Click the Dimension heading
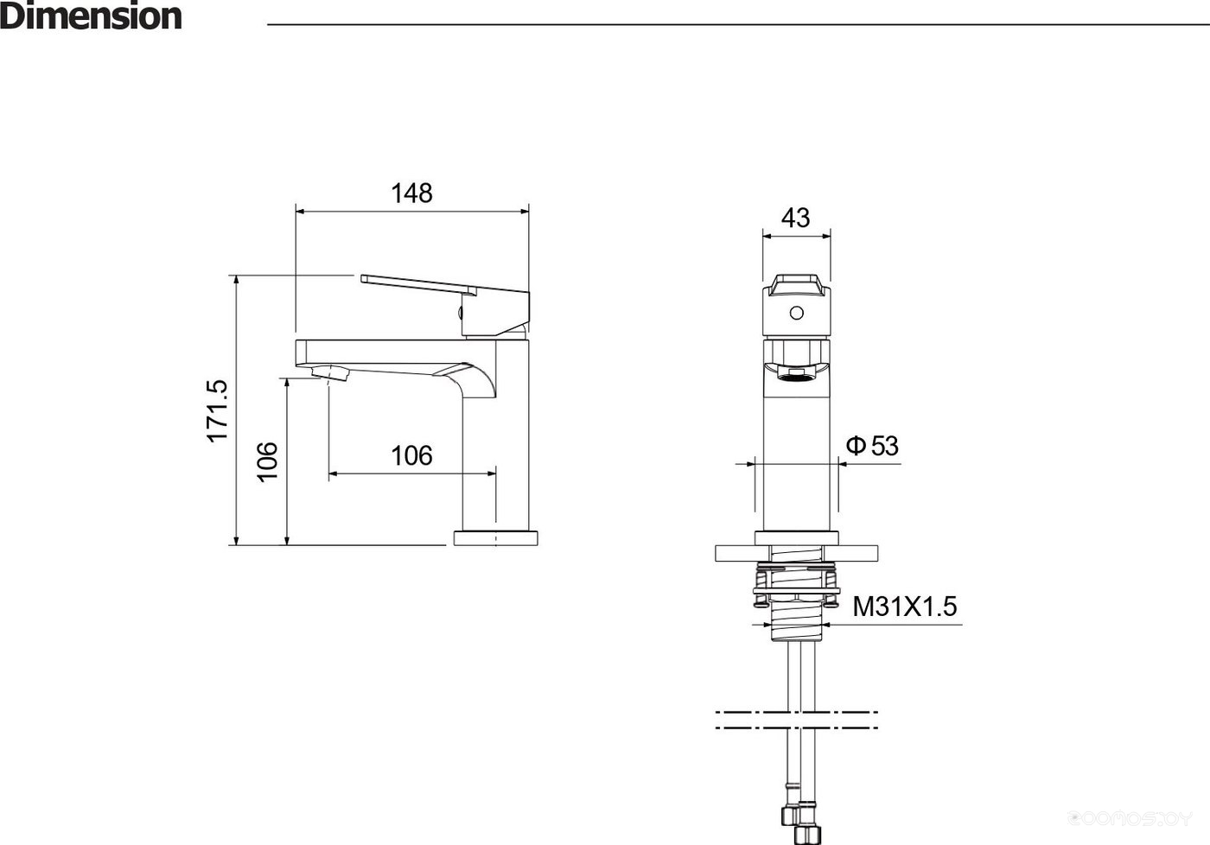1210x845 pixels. click(x=91, y=16)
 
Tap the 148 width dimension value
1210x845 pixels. click(x=411, y=194)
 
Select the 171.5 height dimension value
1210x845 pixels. click(x=217, y=411)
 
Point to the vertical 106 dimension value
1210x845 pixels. click(x=267, y=462)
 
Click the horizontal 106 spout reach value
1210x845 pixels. click(x=411, y=455)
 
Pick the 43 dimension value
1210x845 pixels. click(x=796, y=218)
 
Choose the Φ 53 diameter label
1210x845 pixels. click(x=872, y=446)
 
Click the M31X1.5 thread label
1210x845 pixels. click(x=904, y=607)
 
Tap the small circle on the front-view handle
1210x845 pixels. click(x=796, y=313)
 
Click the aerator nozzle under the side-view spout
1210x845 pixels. click(x=330, y=372)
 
